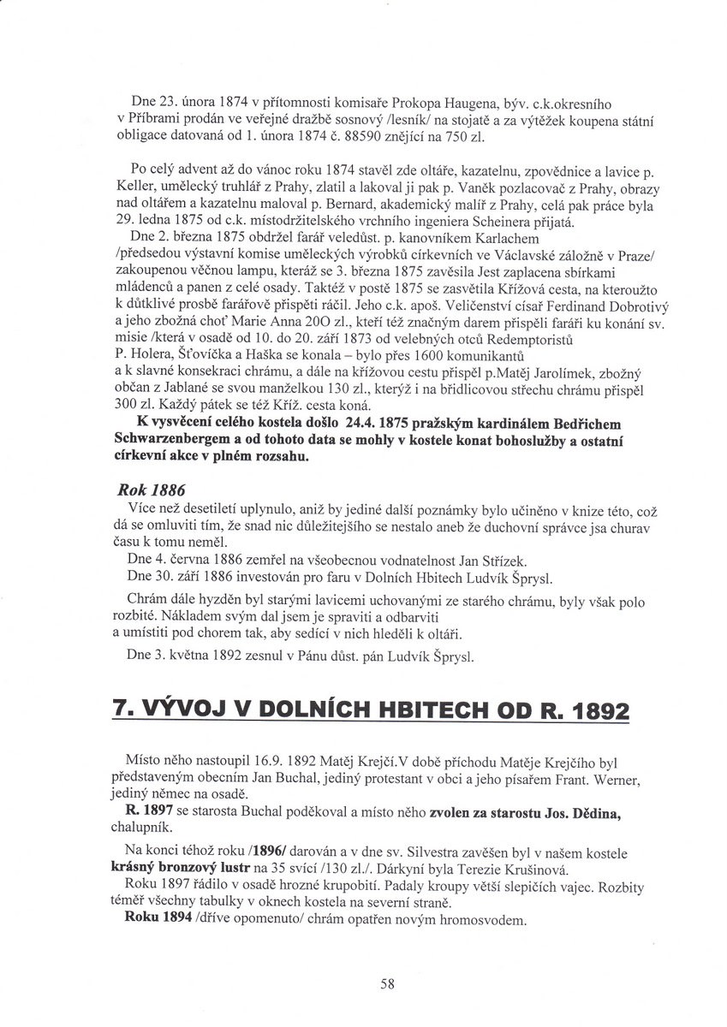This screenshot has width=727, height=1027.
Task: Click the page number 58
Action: (x=387, y=984)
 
